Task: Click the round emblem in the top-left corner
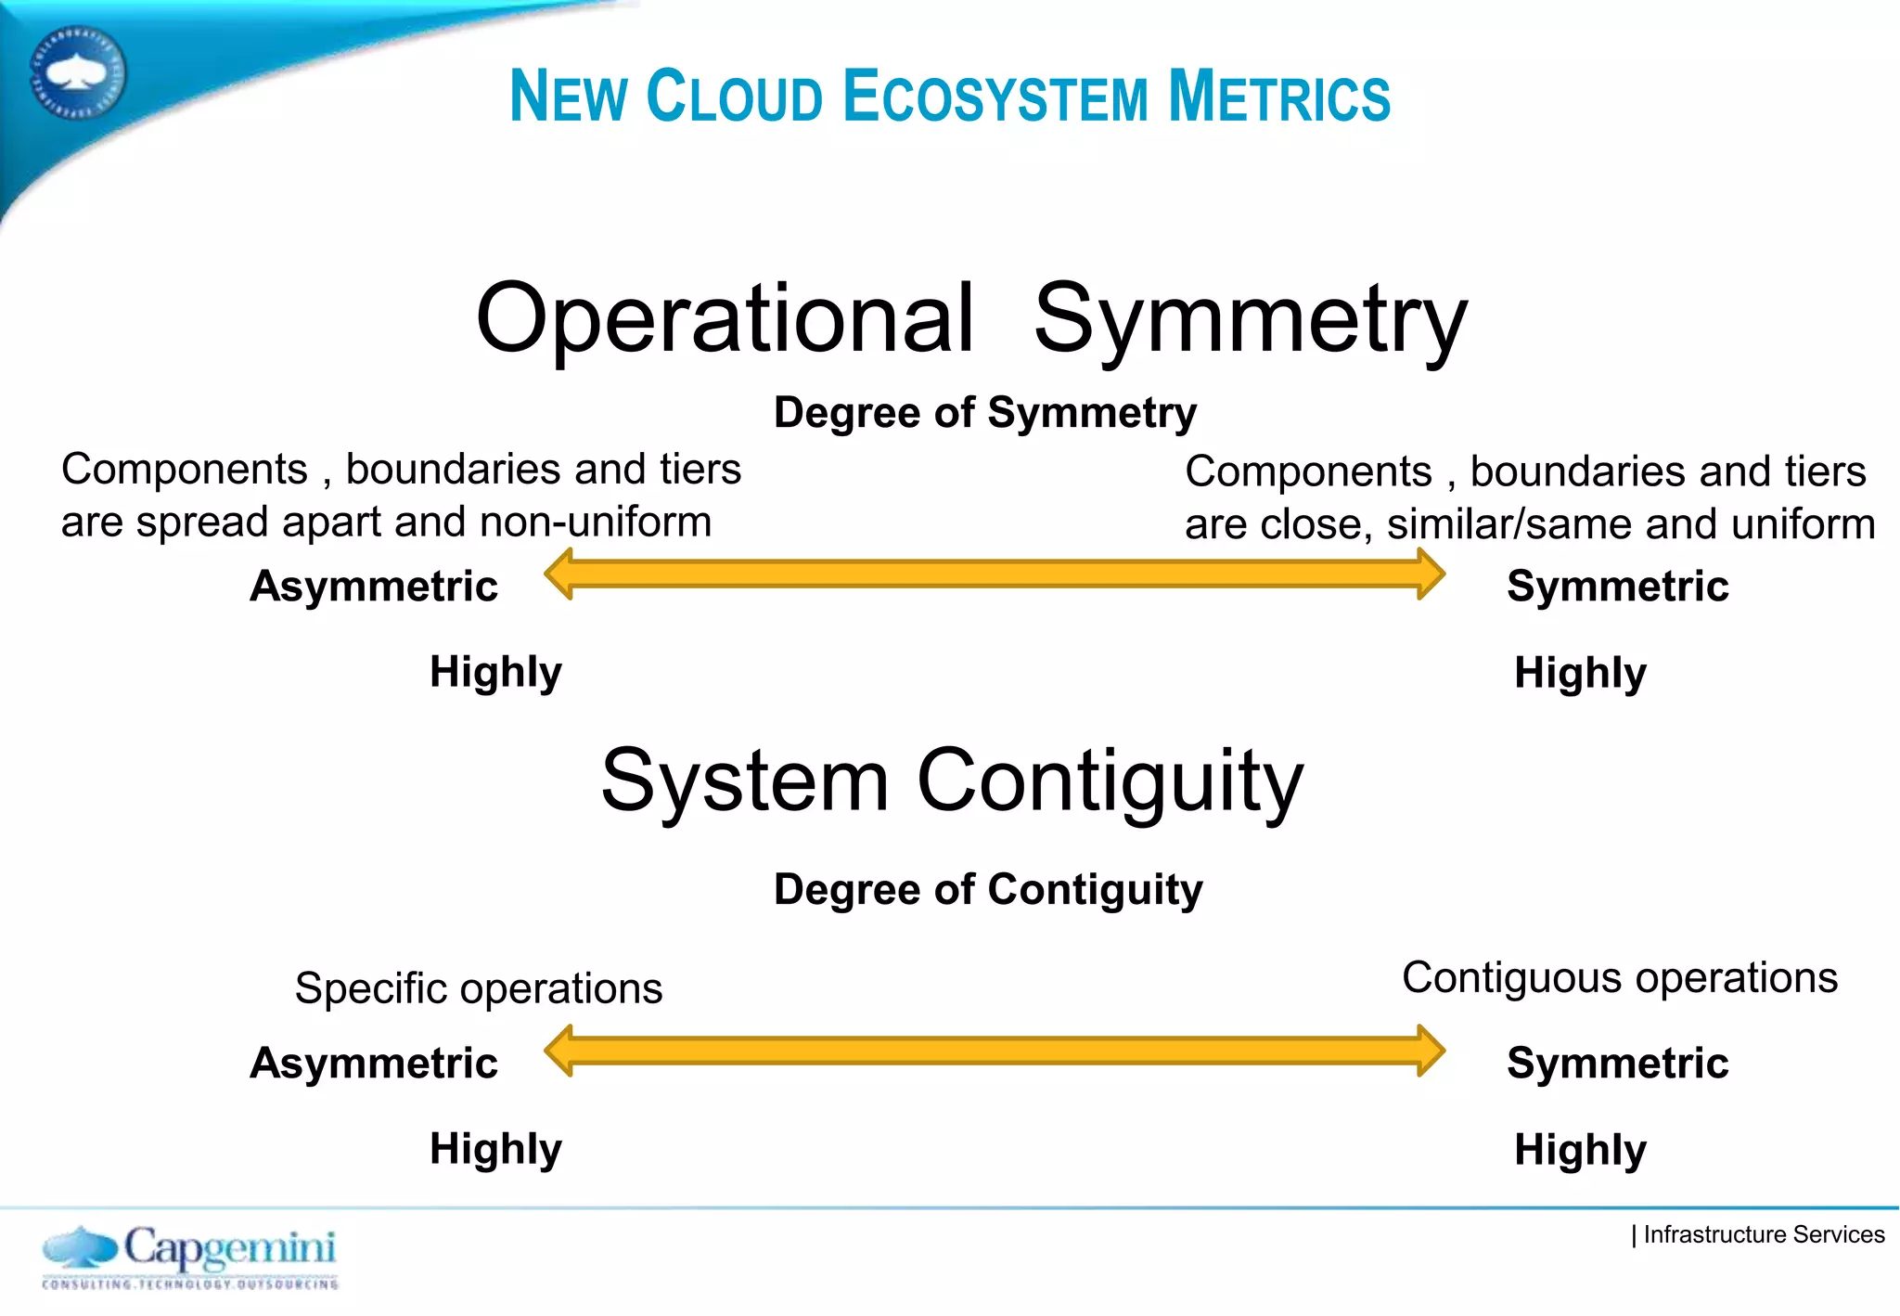click(78, 73)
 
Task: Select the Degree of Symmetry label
click(984, 413)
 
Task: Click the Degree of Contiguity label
click(987, 890)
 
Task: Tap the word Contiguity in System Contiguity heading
click(1110, 781)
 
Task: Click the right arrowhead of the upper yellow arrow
click(1431, 574)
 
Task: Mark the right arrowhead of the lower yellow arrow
click(1431, 1051)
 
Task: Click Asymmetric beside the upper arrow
click(374, 587)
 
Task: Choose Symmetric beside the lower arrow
click(1617, 1064)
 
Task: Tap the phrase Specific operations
click(478, 988)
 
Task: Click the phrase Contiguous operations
click(1619, 978)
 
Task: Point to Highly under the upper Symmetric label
click(1580, 673)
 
